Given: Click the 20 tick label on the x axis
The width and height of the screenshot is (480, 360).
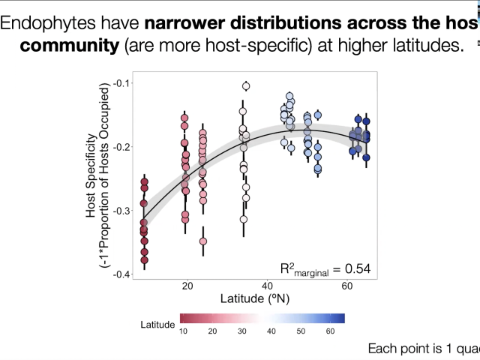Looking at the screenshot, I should click(x=187, y=286).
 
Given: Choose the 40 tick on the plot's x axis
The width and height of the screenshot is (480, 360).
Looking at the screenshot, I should click(x=267, y=286).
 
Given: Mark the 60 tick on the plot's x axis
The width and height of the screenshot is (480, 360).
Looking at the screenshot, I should click(x=347, y=286).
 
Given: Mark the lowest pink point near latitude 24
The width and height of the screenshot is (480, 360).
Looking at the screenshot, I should click(x=203, y=241).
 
